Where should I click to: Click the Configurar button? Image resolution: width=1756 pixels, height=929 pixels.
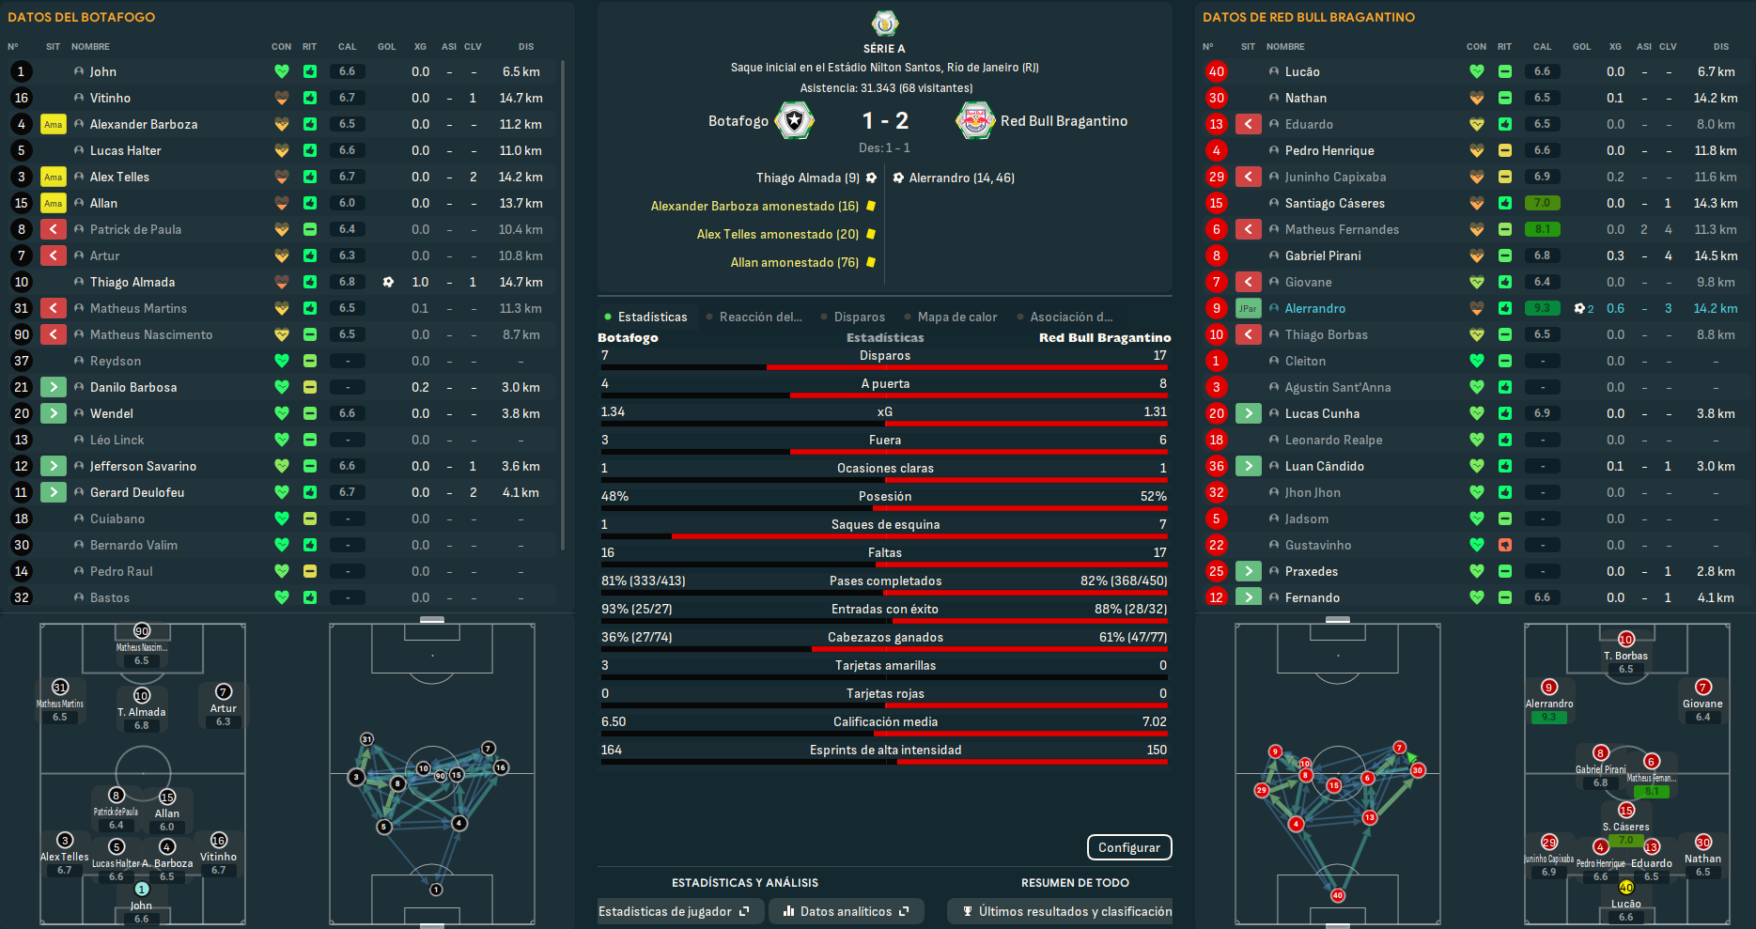[1128, 847]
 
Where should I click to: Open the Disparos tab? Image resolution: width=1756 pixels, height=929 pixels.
[859, 317]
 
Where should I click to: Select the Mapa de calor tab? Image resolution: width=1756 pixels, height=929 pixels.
[956, 317]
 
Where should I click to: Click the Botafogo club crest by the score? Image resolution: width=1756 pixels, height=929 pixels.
[795, 120]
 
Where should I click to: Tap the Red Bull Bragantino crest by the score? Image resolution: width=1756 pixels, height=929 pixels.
[975, 120]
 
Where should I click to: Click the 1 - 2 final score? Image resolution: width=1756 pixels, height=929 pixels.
[885, 120]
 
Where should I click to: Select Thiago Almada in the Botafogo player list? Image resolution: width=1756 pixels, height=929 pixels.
[132, 282]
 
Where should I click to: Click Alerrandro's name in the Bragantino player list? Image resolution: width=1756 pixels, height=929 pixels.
[1314, 308]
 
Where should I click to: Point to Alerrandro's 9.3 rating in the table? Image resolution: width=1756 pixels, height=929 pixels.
[1542, 308]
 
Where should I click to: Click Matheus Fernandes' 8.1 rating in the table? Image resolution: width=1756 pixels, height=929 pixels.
[1542, 229]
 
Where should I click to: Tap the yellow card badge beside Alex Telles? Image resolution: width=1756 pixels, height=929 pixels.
[54, 177]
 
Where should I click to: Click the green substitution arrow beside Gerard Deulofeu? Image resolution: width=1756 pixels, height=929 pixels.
[54, 492]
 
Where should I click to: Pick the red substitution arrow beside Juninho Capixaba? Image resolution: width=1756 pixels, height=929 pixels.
[1248, 177]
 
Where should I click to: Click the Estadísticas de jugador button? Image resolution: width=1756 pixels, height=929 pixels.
[674, 911]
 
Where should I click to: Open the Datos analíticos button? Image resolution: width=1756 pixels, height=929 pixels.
[846, 911]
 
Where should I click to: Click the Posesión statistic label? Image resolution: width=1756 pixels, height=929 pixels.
[885, 496]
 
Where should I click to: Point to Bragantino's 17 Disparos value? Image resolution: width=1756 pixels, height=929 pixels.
[1159, 355]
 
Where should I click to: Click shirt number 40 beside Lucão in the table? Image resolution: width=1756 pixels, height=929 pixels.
[1217, 71]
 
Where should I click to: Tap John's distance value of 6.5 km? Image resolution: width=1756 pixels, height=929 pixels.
[521, 71]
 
